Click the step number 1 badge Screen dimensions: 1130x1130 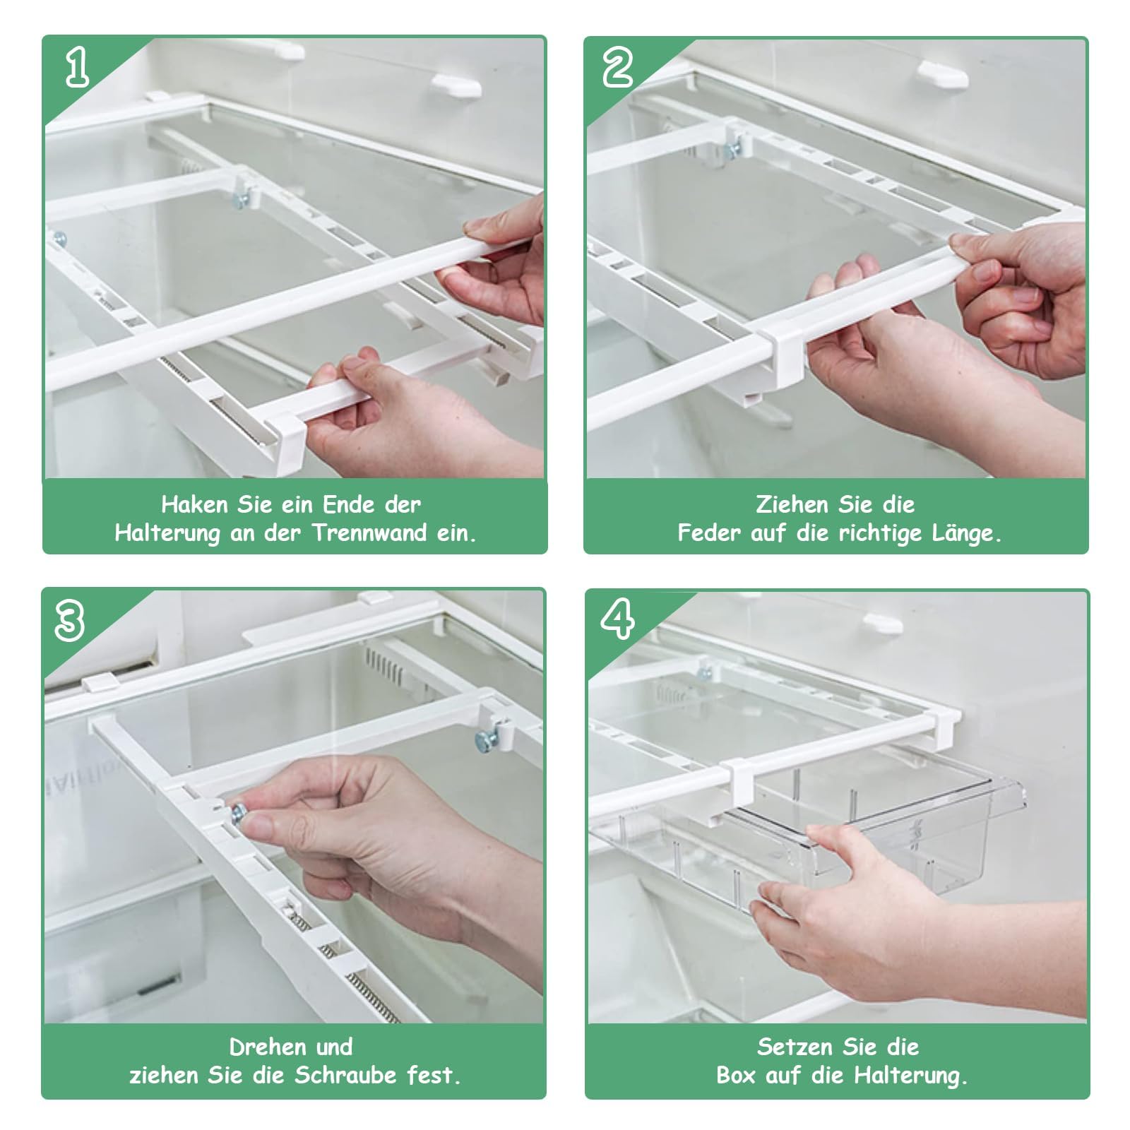78,69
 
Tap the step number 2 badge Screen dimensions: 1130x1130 619,69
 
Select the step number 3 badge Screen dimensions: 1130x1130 71,621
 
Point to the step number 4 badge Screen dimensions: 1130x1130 617,619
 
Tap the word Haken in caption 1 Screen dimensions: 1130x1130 194,504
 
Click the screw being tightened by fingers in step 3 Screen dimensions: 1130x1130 239,813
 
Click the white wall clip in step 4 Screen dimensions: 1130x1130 883,624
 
